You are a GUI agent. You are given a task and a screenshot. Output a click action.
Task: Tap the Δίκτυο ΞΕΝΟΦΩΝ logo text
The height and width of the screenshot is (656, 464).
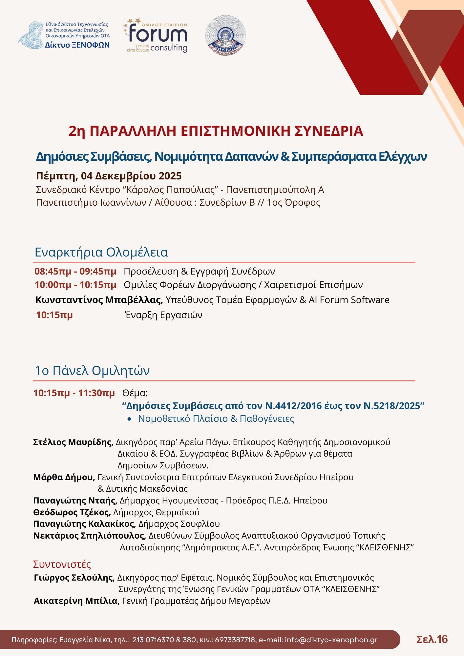coord(77,45)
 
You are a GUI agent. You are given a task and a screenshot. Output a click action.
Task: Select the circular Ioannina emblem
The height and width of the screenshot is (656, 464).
coord(225,35)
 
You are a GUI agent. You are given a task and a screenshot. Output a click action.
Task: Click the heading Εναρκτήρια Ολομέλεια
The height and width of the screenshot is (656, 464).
coord(101,252)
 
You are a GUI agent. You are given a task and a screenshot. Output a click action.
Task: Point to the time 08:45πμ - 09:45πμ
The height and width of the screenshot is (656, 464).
coord(75,272)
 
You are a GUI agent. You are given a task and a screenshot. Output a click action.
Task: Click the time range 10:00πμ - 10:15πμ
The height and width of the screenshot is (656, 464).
coord(75,285)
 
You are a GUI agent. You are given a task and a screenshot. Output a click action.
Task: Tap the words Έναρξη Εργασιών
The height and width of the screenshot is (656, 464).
coord(164,315)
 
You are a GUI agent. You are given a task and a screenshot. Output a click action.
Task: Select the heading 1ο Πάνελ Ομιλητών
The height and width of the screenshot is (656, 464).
coord(92,370)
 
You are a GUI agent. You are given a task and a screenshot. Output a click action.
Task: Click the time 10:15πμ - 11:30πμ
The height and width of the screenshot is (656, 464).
coord(74,393)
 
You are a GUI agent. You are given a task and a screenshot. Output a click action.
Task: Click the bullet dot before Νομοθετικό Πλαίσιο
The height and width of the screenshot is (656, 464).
coord(130,419)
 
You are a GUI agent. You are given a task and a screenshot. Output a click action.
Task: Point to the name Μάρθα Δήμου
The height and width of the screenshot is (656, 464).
coord(64,477)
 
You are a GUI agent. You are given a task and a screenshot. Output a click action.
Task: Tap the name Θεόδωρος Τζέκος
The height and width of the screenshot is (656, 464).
coord(72,512)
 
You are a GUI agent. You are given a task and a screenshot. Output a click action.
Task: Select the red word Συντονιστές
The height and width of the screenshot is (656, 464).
coord(62,564)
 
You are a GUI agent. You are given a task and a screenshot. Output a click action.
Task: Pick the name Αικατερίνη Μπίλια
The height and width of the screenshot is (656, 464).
coord(76,601)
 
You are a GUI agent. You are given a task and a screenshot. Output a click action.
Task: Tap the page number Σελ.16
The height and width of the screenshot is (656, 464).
coord(432,639)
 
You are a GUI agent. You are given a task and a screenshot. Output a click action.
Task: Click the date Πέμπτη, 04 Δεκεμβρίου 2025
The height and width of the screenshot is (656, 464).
coord(109,176)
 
